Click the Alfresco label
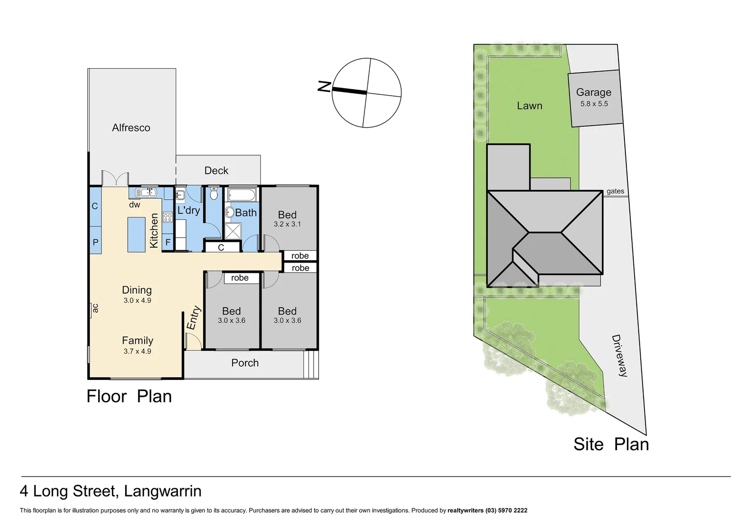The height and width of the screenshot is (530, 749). [131, 128]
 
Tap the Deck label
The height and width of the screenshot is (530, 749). [216, 170]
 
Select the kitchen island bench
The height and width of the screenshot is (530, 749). [136, 235]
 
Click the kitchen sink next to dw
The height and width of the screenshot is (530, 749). [146, 192]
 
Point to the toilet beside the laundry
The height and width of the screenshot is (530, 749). [213, 194]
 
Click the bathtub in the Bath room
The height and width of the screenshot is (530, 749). [242, 195]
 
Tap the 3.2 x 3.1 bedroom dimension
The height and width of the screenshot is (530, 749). [287, 224]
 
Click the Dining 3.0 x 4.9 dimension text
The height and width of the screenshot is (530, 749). [137, 300]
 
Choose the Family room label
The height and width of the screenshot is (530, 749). [137, 340]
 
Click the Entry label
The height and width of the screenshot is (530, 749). [193, 318]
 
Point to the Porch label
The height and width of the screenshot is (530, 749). [245, 363]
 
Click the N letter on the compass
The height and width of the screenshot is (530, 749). [324, 87]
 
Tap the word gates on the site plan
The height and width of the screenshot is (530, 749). [615, 191]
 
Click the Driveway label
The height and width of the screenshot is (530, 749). [620, 355]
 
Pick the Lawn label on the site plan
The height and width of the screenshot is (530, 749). [529, 106]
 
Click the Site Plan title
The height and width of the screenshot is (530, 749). [611, 444]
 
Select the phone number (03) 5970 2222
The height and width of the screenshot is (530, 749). [506, 510]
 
